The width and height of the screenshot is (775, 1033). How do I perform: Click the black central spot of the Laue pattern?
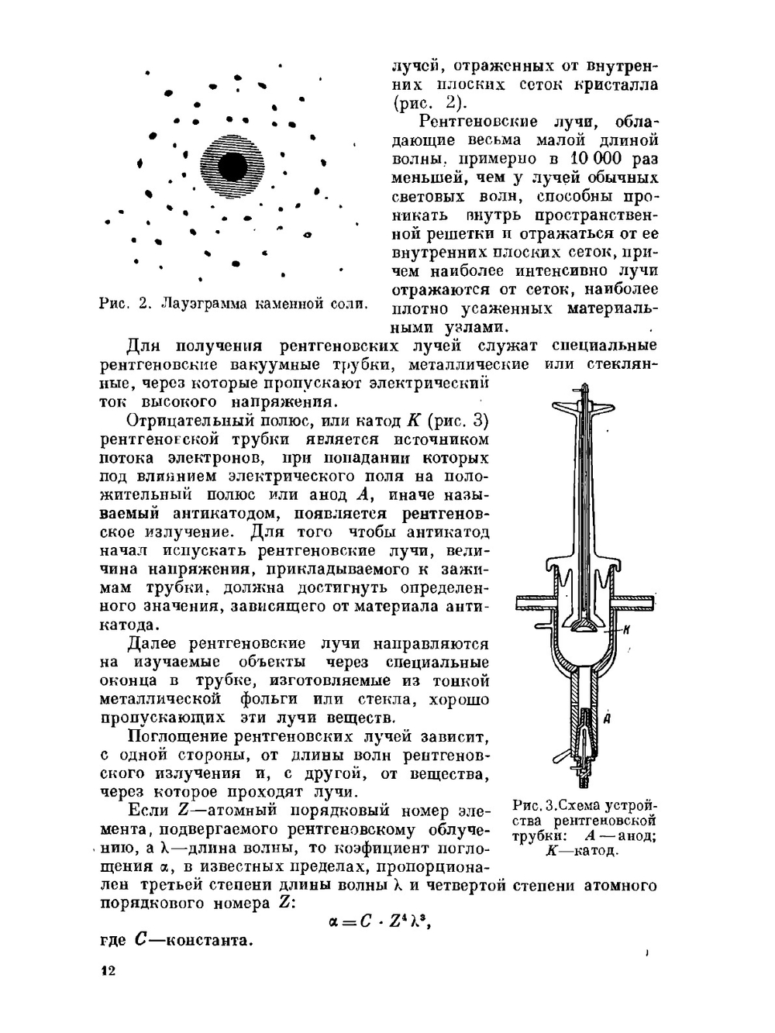tap(232, 166)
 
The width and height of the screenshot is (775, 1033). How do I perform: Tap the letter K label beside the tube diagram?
tap(625, 630)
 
